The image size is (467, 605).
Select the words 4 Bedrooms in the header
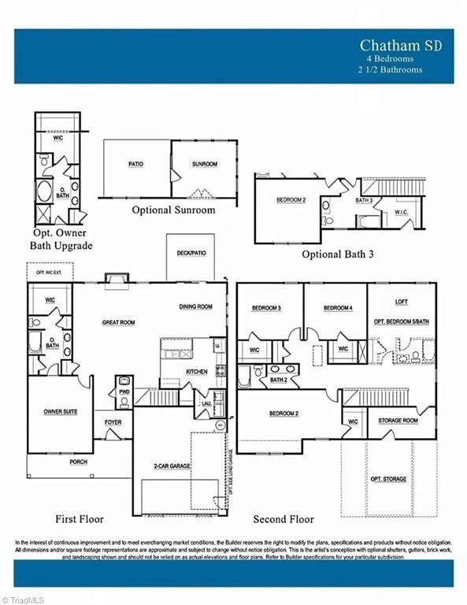point(389,59)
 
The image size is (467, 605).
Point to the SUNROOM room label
point(204,165)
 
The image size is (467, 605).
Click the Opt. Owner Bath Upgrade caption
point(61,239)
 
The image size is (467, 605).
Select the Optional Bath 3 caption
point(339,254)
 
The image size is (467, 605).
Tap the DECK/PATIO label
point(186,254)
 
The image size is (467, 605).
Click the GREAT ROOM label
point(120,322)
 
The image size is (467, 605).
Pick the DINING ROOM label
point(195,306)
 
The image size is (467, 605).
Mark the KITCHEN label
point(197,371)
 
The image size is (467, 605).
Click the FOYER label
point(113,422)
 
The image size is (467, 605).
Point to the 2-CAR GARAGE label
point(171,466)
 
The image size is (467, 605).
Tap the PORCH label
point(79,462)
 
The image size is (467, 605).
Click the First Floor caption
point(79,519)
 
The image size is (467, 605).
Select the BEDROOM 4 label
point(338,307)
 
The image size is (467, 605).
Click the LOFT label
point(402,302)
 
